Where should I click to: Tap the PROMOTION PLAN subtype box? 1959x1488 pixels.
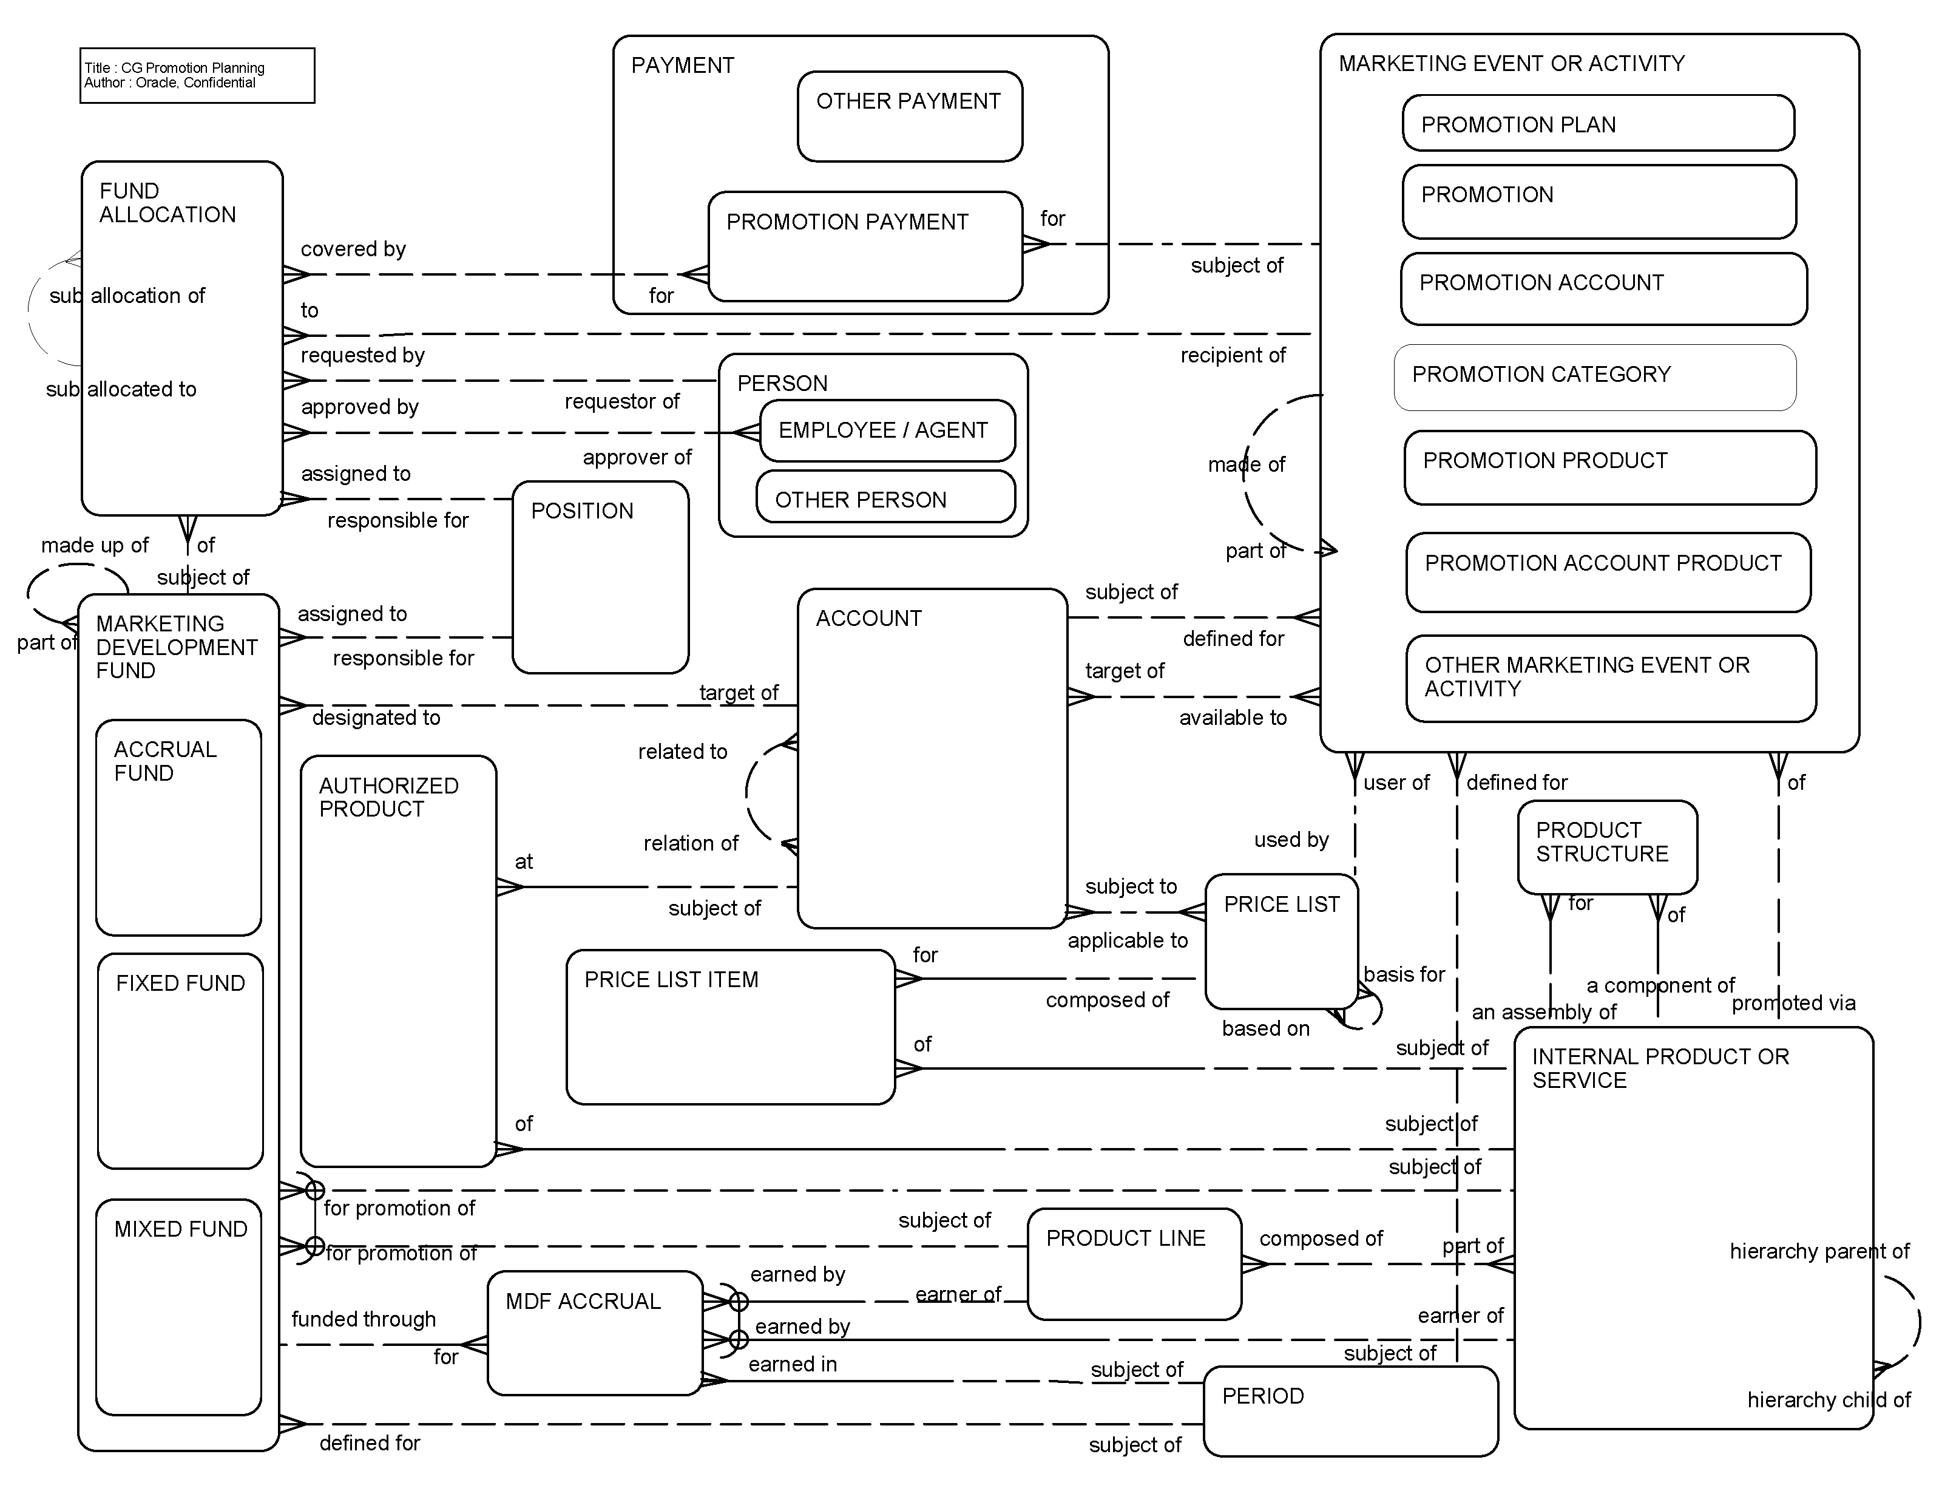[x=1598, y=123]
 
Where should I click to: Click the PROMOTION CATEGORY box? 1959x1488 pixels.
[x=1594, y=378]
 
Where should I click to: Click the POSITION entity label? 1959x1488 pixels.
[x=582, y=511]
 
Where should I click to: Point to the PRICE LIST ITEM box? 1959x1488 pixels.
[x=729, y=1027]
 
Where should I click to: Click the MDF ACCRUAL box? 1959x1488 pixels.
[x=594, y=1332]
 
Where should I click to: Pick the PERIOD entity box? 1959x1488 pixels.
[x=1350, y=1410]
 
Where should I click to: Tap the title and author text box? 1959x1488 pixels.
[x=197, y=75]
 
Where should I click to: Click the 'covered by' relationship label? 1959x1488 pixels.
[x=353, y=249]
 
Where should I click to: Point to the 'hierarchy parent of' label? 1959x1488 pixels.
[x=1819, y=1251]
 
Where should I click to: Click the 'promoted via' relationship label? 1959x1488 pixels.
[x=1793, y=1003]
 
